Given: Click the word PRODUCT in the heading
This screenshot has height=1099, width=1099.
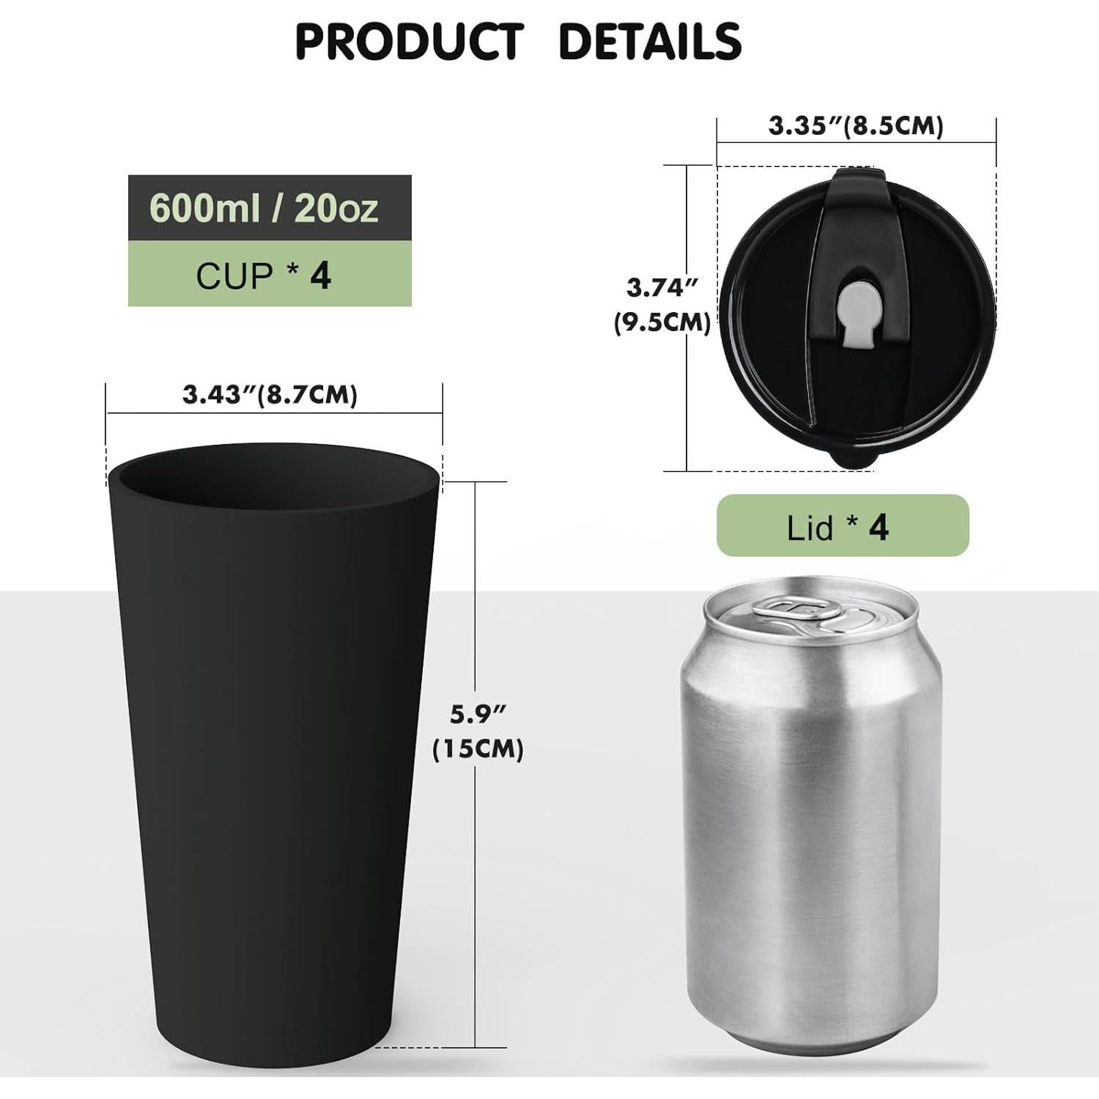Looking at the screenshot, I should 409,42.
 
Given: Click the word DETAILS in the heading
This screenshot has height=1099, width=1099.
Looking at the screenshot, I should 649,42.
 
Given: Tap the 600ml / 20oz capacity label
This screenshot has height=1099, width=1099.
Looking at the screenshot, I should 264,208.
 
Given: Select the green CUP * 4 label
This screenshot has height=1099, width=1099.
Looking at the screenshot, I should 264,275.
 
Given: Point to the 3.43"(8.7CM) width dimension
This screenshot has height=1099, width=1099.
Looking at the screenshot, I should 270,395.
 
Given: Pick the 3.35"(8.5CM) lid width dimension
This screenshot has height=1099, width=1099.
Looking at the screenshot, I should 856,126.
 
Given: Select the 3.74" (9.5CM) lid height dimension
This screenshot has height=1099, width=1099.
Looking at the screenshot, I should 662,304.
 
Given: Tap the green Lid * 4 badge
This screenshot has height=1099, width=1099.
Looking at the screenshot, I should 842,526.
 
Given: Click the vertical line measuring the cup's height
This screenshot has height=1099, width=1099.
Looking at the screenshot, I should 477,586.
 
